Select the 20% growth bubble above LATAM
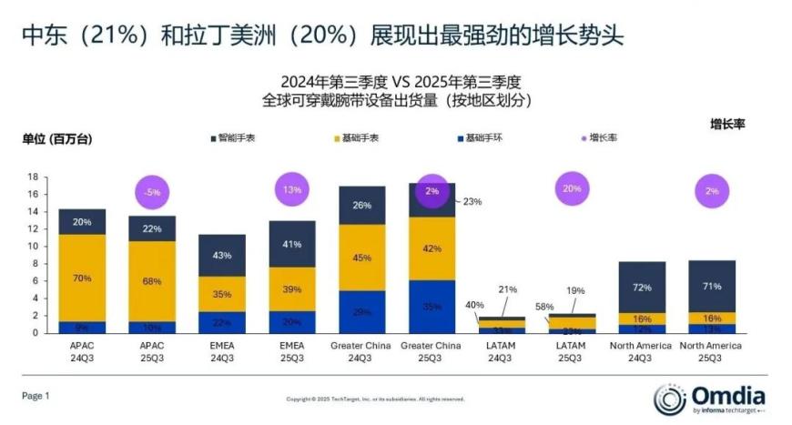(573, 189)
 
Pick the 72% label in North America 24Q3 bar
(643, 287)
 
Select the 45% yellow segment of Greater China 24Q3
(362, 257)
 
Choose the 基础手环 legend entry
(482, 138)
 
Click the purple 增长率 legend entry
(602, 138)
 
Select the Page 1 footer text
(36, 396)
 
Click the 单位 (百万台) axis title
(57, 139)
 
